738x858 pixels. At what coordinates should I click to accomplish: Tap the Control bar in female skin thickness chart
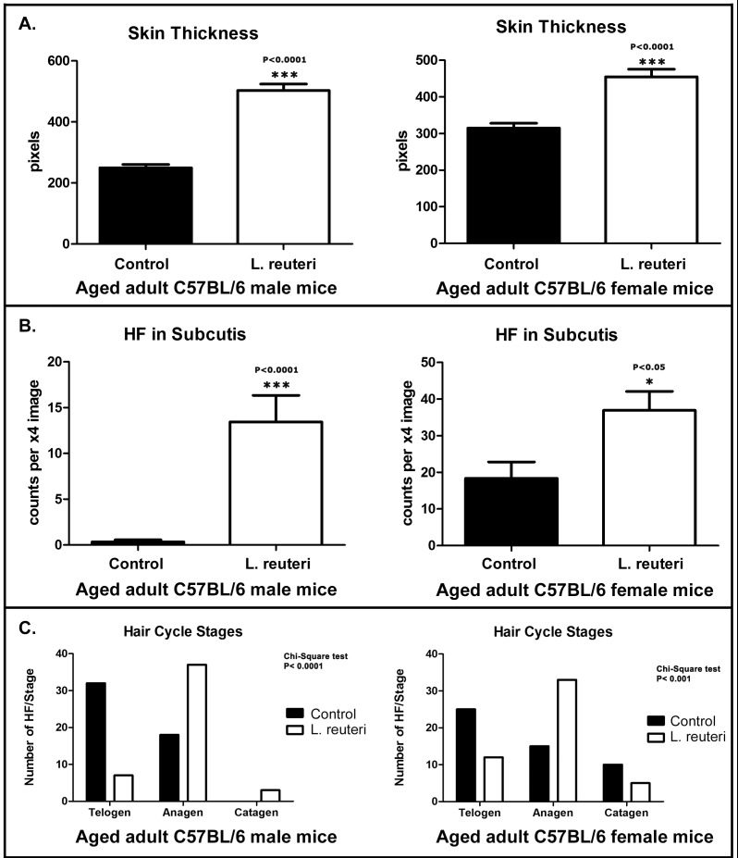coord(513,185)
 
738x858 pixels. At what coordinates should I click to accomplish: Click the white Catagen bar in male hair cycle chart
coord(269,794)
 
